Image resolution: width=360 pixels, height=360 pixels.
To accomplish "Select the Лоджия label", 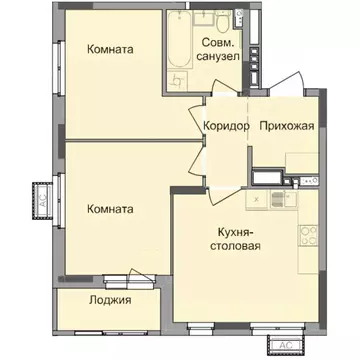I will [x=108, y=299].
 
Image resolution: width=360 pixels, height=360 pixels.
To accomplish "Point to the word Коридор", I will [x=225, y=125].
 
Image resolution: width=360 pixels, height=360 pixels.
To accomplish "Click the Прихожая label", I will [x=287, y=125].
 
